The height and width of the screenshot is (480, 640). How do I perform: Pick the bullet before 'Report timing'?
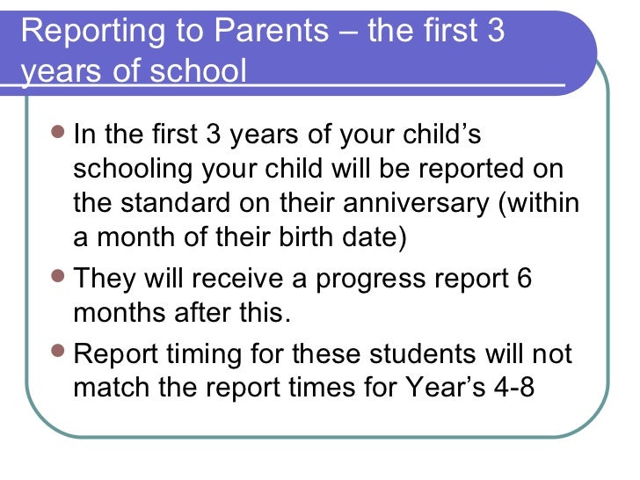click(58, 353)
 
